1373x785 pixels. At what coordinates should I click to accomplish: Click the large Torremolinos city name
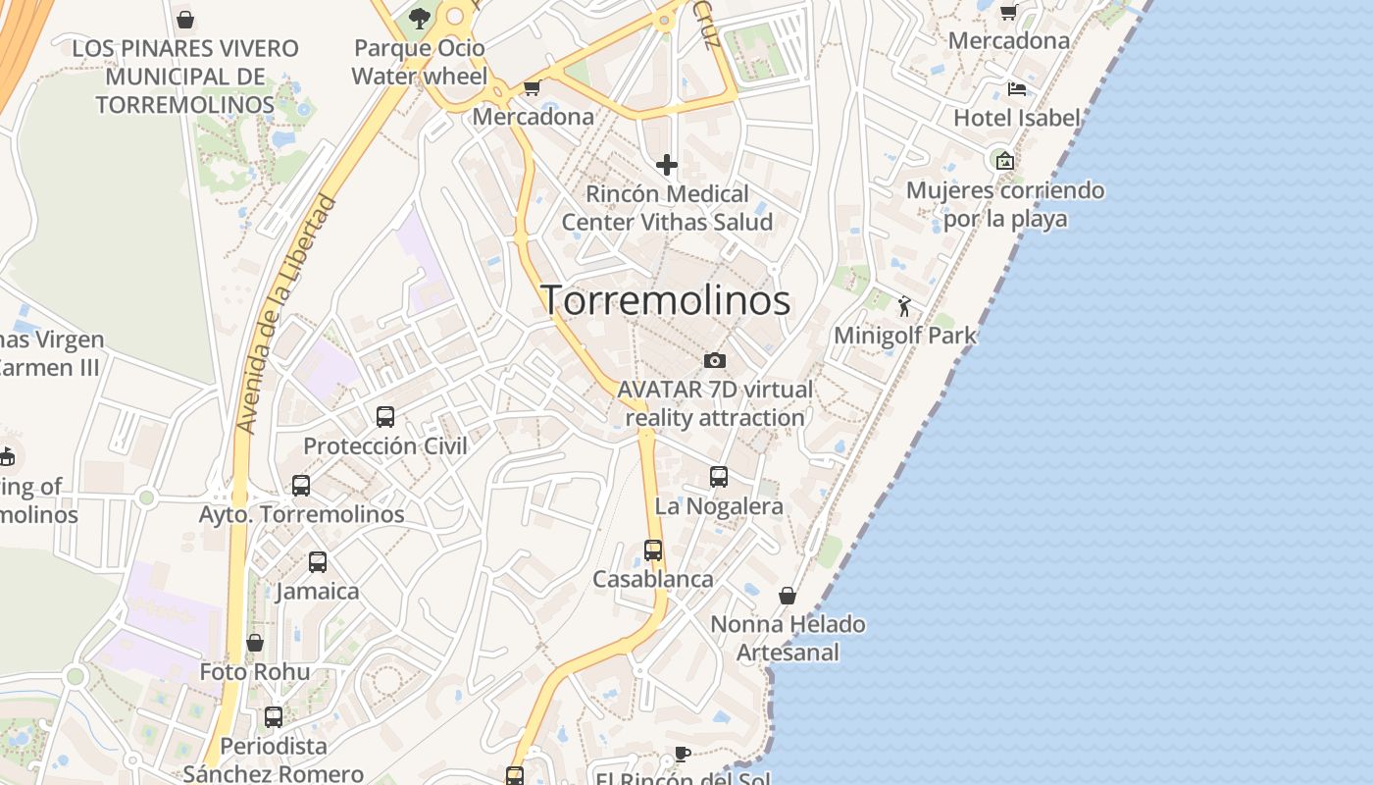point(666,300)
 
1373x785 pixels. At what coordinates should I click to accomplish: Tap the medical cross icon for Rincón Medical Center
point(667,165)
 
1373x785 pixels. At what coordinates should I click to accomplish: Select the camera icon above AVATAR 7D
point(715,361)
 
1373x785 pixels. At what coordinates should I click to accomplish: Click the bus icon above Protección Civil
point(385,417)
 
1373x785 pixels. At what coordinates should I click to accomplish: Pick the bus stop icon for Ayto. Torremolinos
point(301,486)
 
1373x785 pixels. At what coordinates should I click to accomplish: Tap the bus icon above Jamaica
point(318,562)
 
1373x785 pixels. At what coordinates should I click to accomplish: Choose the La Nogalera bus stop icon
point(719,478)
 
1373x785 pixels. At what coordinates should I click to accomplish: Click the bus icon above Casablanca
point(653,550)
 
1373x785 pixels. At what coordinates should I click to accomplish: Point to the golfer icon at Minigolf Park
point(904,307)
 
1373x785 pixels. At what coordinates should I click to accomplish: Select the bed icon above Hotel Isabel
point(1017,89)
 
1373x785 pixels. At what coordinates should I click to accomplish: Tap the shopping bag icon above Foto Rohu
point(255,643)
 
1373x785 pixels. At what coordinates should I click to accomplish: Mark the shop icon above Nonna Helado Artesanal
point(788,596)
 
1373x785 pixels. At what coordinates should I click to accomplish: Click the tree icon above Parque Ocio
point(420,18)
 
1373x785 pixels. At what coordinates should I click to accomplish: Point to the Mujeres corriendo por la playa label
point(1005,204)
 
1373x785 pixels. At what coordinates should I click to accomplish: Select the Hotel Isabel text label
point(1017,118)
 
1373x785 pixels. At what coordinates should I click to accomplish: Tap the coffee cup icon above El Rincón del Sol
point(683,754)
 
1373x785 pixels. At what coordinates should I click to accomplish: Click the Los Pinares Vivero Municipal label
point(185,76)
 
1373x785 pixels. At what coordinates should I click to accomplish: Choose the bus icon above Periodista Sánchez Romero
point(274,717)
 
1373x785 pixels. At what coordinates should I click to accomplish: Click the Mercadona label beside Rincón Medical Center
point(534,117)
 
